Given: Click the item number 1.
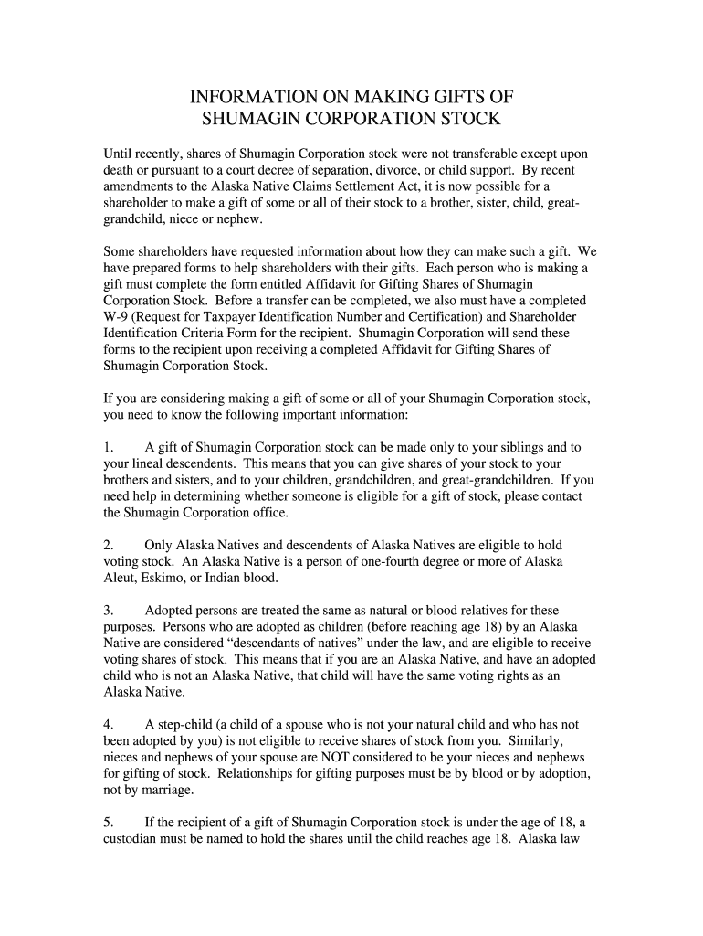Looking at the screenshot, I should click(x=109, y=448).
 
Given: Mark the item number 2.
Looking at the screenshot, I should click(x=109, y=545).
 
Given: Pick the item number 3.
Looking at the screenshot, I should click(x=109, y=610).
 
